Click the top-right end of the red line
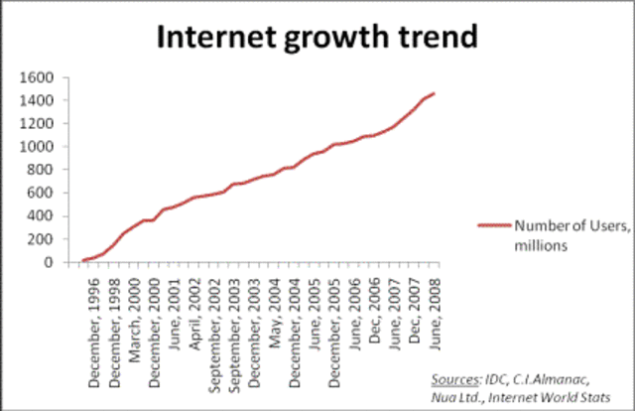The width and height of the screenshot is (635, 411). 434,93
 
